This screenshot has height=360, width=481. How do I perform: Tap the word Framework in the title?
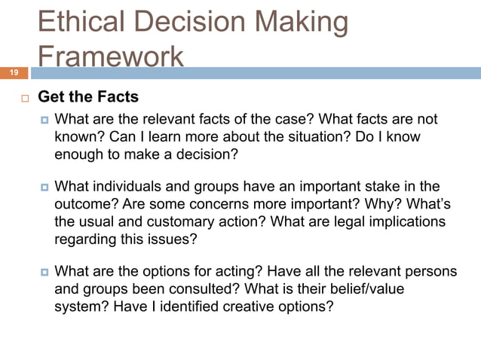110,57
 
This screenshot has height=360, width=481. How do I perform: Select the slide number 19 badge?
14,73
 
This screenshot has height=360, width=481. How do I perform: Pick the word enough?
81,155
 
